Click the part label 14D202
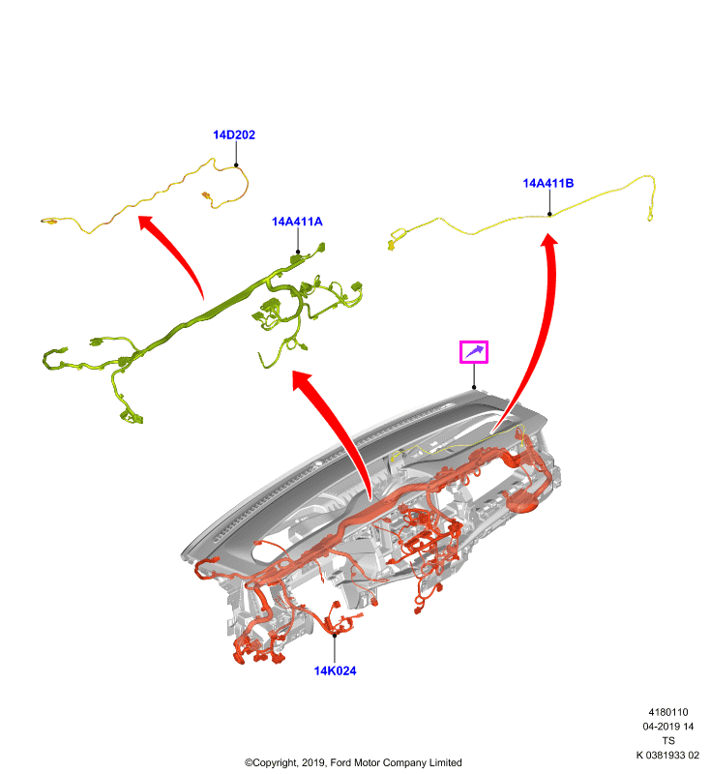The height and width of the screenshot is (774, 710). [234, 134]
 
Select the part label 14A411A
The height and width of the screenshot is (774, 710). [297, 222]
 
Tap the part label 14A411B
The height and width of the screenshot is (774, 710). [548, 183]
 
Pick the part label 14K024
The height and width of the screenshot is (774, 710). [335, 670]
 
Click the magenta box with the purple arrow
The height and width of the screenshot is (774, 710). [474, 352]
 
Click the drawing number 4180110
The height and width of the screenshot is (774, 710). [668, 712]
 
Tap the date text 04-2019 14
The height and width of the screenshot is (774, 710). [668, 727]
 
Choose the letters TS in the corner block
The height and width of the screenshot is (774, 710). [668, 740]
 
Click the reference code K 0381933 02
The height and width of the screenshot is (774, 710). [667, 755]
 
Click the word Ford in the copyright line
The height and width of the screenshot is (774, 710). [340, 762]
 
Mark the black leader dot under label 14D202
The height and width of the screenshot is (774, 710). [236, 165]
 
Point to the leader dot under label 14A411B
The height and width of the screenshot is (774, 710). [549, 214]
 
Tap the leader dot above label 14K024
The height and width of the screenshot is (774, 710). [335, 636]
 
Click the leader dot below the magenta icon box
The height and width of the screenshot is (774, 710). [474, 388]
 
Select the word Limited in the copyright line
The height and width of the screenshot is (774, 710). [446, 762]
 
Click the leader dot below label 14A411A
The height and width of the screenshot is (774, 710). [298, 253]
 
